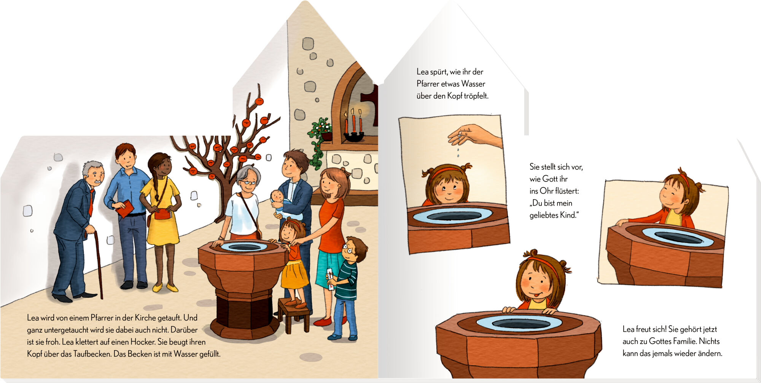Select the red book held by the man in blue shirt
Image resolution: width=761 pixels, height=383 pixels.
[x=125, y=209]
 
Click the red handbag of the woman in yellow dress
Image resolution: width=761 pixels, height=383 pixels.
[x=162, y=214]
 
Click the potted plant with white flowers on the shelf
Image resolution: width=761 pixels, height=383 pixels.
[x=320, y=131]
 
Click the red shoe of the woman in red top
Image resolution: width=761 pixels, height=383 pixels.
[x=323, y=322]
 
